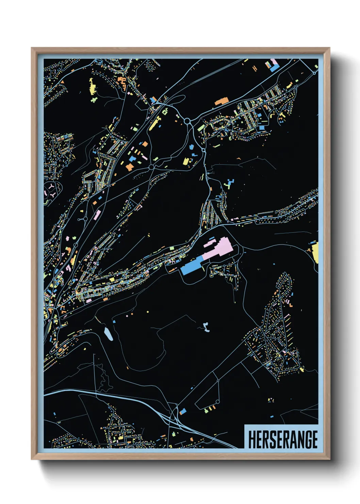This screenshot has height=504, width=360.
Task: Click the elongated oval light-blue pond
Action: (108, 334)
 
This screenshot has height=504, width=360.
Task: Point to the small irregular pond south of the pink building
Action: (206, 327)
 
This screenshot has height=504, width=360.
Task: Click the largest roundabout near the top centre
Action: (187, 121)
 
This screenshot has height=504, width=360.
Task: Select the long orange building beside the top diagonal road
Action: (222, 101)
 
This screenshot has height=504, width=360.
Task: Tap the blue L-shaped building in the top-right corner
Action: (274, 67)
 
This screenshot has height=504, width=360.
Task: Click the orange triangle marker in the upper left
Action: (62, 82)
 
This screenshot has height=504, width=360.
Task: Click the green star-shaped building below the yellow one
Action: (94, 99)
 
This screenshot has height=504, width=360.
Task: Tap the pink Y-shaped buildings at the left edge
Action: (51, 190)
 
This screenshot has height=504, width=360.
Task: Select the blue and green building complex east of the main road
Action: (230, 184)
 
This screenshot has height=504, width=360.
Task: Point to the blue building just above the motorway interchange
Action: (183, 411)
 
